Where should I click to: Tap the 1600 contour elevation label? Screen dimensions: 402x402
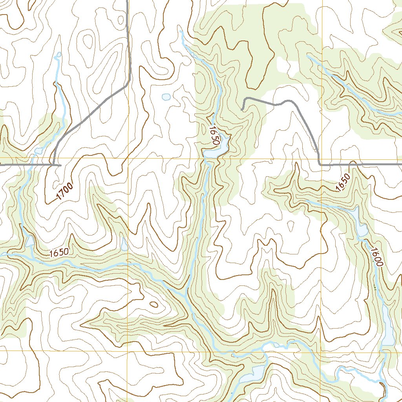pos(375,258)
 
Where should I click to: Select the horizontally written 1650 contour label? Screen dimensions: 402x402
pos(59,253)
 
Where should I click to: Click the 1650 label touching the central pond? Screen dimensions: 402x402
pos(214,136)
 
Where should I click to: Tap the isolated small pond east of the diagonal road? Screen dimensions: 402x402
pos(166,97)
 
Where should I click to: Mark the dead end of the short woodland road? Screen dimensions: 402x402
pos(243,109)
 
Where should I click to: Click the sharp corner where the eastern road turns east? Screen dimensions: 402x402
pos(320,164)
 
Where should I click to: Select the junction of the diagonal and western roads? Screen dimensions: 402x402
pos(53,165)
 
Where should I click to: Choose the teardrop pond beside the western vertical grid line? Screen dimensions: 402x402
pos(124,245)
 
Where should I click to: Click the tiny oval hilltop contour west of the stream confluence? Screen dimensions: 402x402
pos(153,304)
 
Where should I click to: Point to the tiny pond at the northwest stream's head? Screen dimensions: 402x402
pos(58,55)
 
